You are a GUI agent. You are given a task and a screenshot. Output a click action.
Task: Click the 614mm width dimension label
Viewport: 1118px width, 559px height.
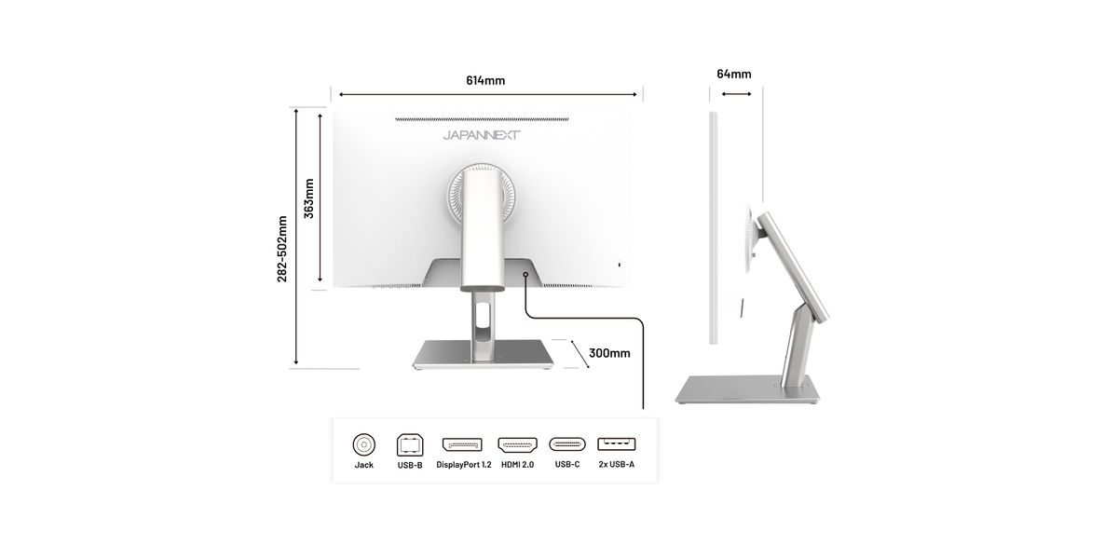485,80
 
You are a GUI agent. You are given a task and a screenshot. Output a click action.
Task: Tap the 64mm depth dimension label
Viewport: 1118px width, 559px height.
734,74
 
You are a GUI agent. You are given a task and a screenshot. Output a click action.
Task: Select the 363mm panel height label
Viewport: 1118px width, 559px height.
309,198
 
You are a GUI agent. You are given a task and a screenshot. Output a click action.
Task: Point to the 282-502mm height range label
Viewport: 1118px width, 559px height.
282,249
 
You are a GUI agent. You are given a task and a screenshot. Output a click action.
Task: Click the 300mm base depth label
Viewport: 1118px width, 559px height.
609,353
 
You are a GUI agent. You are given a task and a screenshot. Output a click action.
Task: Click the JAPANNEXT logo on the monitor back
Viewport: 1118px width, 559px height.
482,135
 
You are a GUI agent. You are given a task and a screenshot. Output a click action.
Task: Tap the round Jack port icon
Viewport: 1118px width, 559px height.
364,444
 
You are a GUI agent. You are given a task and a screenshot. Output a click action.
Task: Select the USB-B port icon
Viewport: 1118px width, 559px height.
410,444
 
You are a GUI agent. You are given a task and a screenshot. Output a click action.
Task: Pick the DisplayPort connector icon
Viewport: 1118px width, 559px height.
463,444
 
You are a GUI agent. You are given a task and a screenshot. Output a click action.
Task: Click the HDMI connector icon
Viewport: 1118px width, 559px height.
518,444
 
